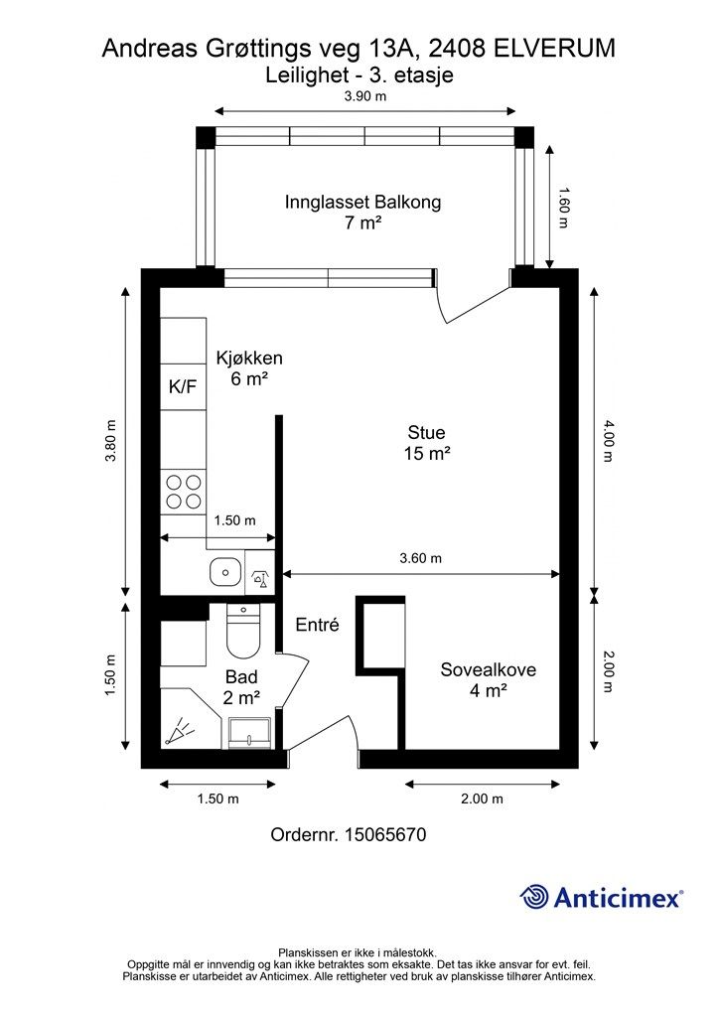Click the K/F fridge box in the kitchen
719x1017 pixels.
(x=183, y=387)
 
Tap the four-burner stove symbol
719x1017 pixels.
(x=183, y=491)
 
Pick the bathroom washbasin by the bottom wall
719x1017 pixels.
(x=247, y=733)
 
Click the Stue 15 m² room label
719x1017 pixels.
(x=427, y=443)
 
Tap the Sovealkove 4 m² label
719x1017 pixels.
(x=488, y=679)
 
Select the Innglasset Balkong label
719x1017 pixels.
(x=362, y=212)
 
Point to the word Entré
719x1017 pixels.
(x=318, y=626)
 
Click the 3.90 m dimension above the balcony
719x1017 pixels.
(x=364, y=97)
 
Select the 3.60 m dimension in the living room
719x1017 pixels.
(x=420, y=558)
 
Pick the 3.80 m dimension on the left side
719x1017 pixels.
(x=111, y=440)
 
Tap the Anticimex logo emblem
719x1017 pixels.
(x=535, y=897)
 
